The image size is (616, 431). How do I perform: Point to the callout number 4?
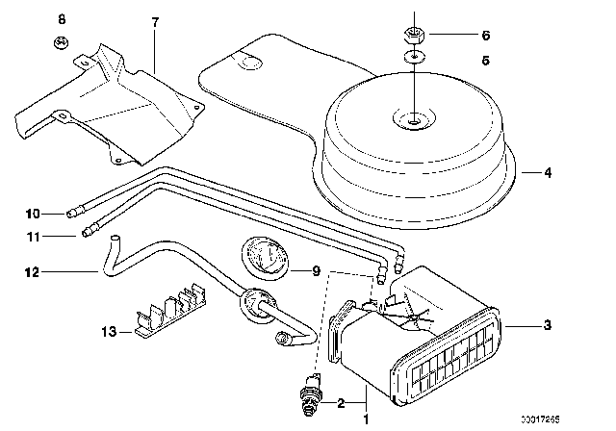point(547,174)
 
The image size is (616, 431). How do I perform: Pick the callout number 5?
point(486,59)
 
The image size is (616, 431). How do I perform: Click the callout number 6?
point(486,36)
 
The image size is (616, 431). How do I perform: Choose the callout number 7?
point(153,20)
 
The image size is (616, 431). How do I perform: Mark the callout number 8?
point(63,20)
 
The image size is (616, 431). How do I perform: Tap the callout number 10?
point(30,213)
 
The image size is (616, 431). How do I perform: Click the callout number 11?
point(30,233)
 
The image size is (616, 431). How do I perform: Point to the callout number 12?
point(30,273)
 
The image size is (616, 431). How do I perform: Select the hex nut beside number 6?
point(414,36)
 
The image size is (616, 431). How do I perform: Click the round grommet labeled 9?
point(262,261)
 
